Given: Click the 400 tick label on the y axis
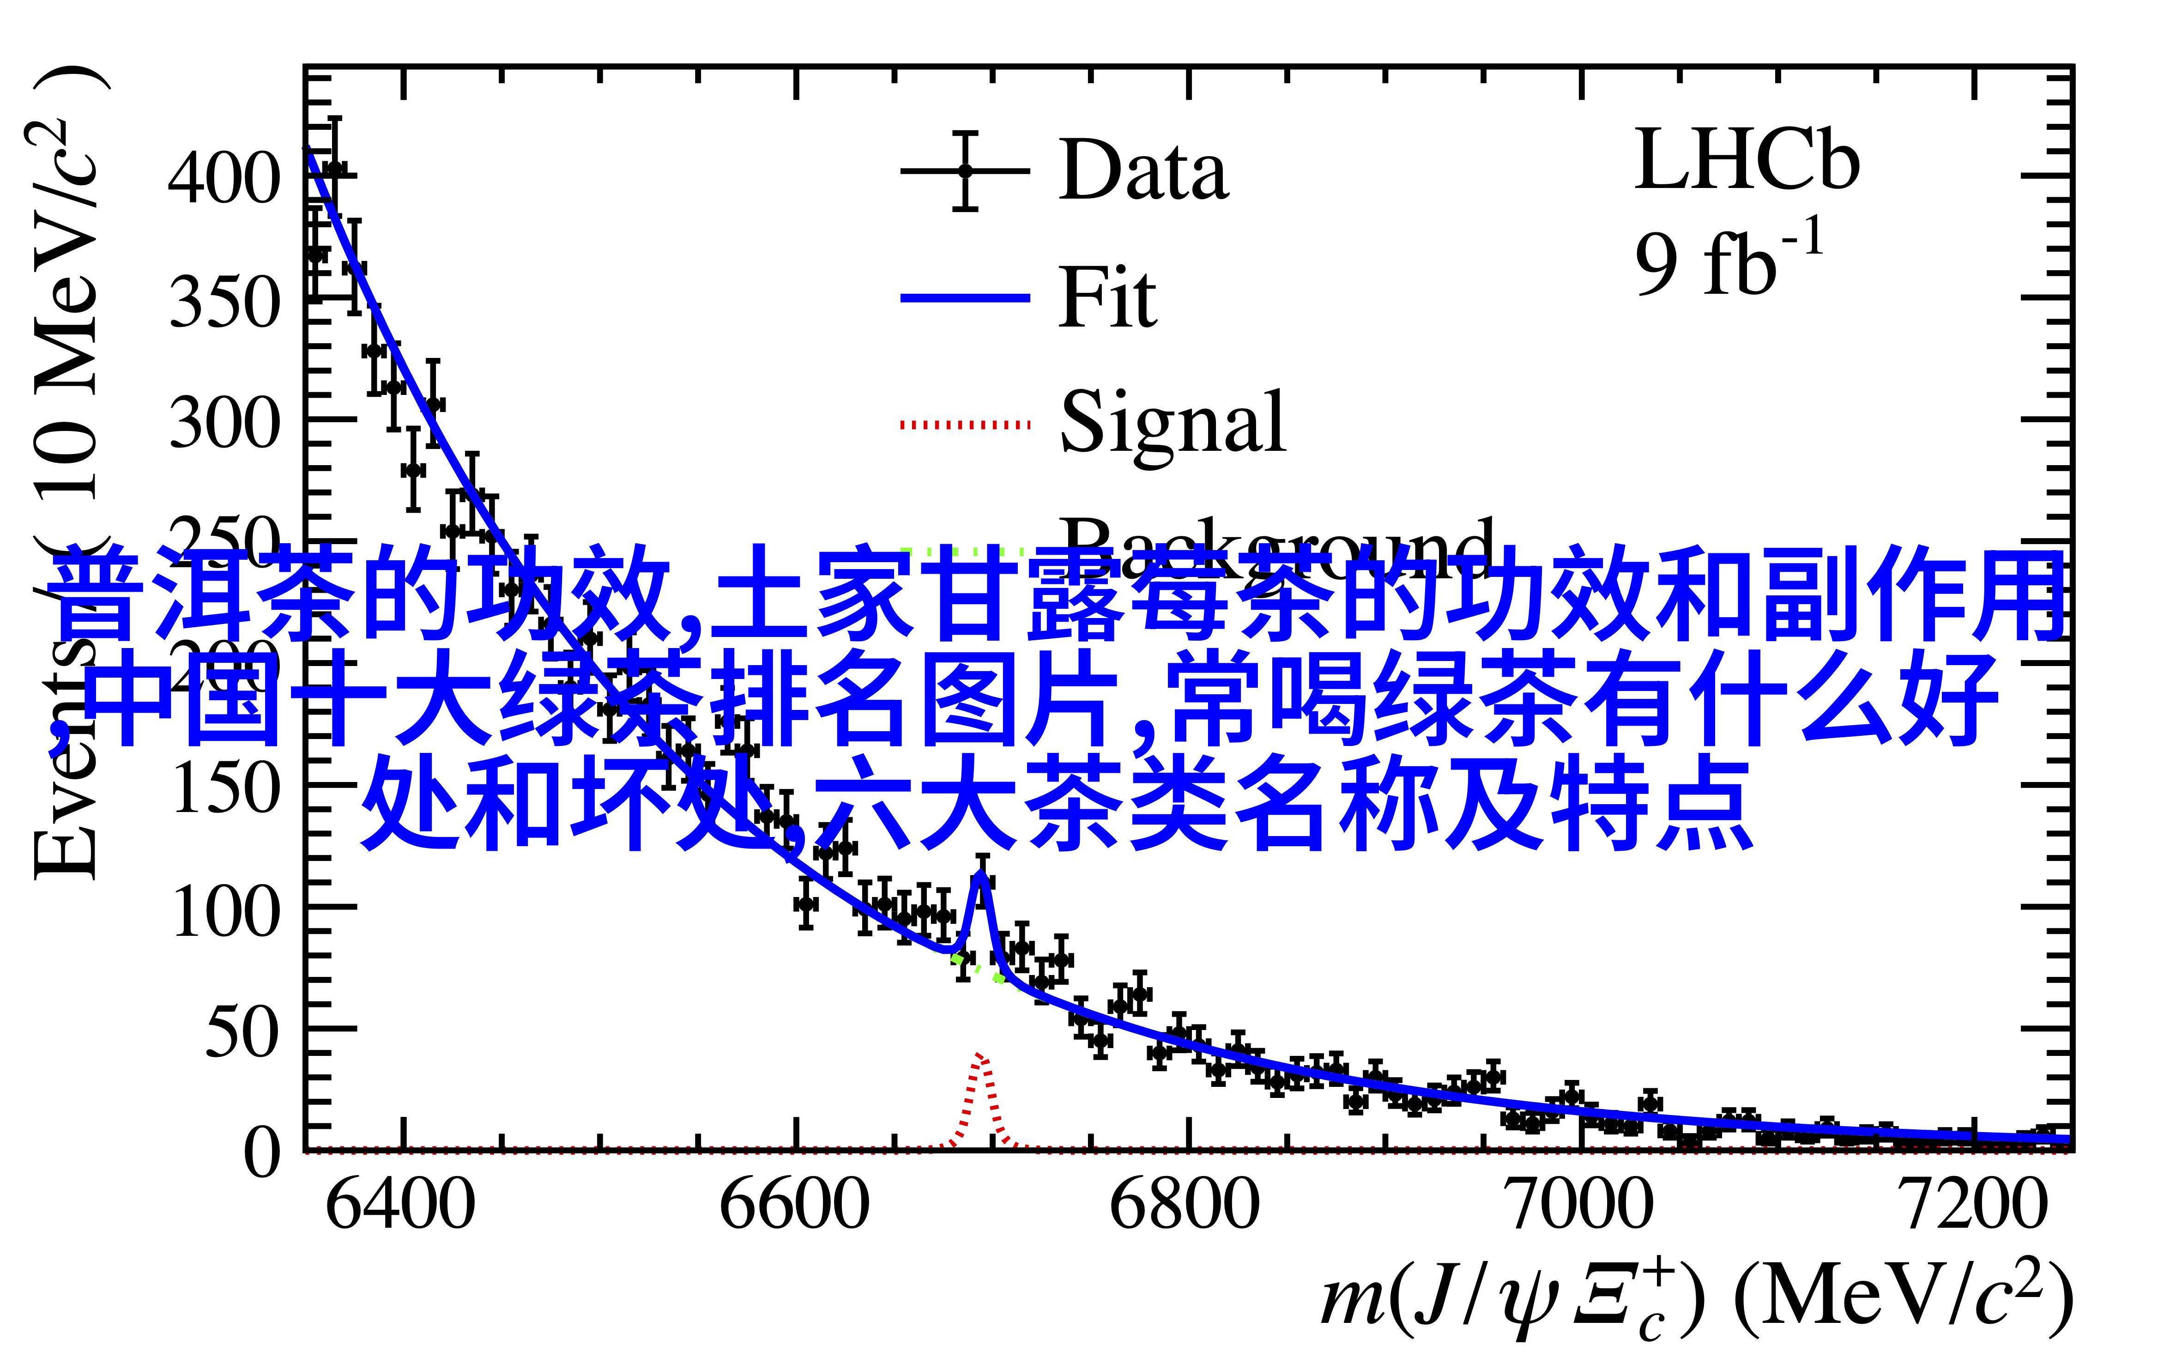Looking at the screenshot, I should click(224, 177).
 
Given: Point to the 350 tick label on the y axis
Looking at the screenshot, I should click(224, 300).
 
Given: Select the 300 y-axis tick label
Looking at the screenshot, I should click(224, 422).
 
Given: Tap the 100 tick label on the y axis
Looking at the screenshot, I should click(224, 909).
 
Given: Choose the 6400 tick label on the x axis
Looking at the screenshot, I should click(400, 1205).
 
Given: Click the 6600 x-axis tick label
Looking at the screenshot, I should click(794, 1205).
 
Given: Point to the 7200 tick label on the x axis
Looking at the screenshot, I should click(1973, 1205).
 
